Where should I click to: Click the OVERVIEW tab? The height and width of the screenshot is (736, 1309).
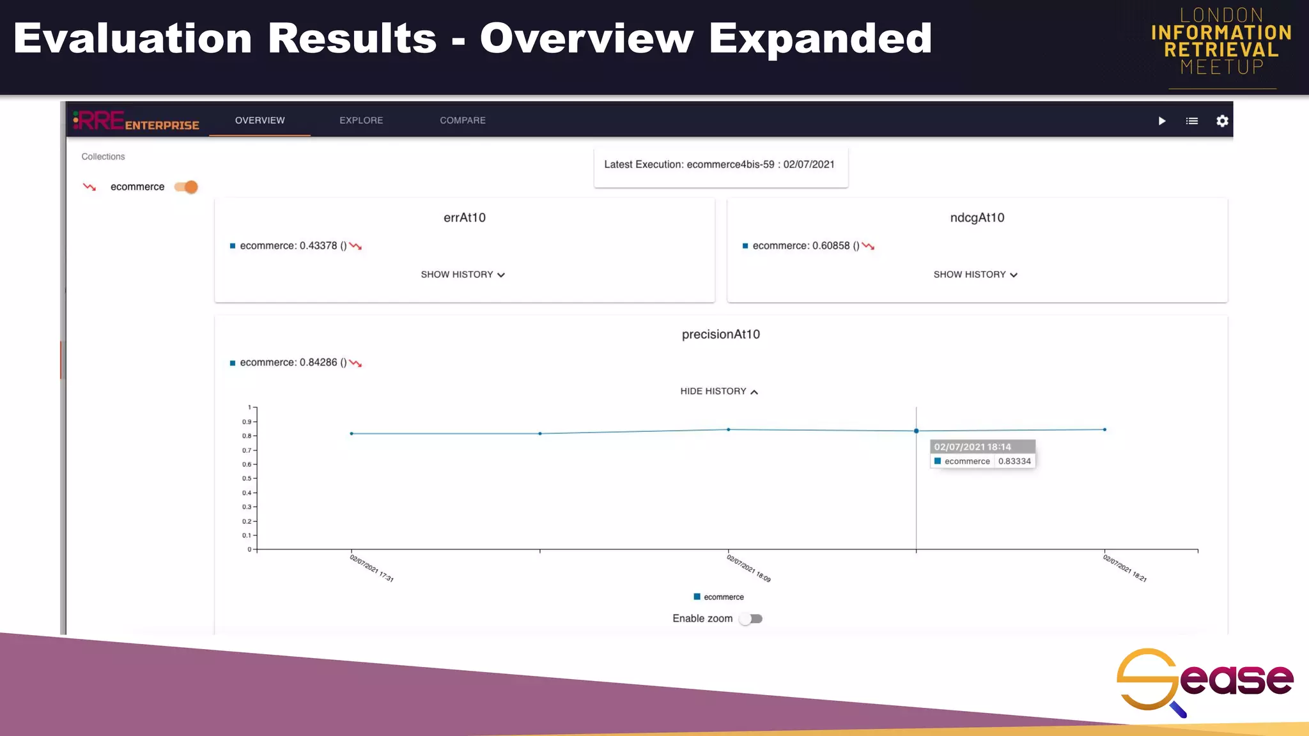259,120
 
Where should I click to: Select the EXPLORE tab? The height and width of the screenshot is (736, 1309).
361,120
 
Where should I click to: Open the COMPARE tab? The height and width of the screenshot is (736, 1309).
463,120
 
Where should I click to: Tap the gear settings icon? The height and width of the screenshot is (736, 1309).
1222,121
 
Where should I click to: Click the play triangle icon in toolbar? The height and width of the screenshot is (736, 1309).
1162,121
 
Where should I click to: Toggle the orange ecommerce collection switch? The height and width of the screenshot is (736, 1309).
187,187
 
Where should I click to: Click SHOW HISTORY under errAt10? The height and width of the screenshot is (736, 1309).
463,275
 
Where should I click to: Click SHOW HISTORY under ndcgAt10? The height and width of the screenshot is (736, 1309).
975,275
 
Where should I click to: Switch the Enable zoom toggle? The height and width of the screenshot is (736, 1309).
751,618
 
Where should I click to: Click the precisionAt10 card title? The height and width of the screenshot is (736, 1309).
721,334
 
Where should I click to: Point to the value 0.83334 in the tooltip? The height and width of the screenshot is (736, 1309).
1014,461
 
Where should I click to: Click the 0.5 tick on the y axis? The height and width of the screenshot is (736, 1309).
247,479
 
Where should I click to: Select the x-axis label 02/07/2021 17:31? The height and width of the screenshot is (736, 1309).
371,568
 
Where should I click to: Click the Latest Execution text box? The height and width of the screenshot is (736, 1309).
720,165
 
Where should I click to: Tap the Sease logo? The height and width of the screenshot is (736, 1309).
1204,680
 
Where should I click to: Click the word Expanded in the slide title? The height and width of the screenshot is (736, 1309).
820,38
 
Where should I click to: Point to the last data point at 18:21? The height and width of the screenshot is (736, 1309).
1104,429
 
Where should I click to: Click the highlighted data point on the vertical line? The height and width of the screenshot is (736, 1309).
916,431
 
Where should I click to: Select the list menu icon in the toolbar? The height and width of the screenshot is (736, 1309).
1192,121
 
